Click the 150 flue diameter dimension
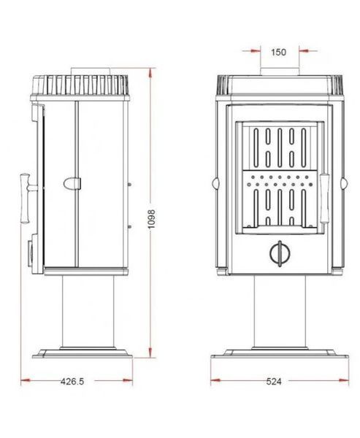pyautogui.click(x=278, y=53)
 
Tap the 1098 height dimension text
pyautogui.click(x=151, y=219)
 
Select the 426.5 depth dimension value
pyautogui.click(x=72, y=381)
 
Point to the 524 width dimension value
pyautogui.click(x=274, y=381)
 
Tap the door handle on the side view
pyautogui.click(x=28, y=198)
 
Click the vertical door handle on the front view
pyautogui.click(x=325, y=199)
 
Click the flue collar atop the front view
pyautogui.click(x=280, y=72)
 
